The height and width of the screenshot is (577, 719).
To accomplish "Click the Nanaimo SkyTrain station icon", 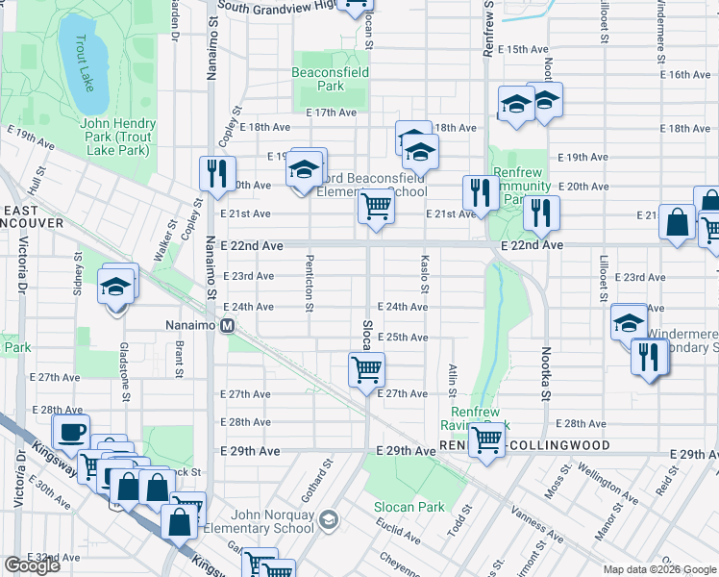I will pyautogui.click(x=228, y=326).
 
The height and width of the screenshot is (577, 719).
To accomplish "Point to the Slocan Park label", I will pyautogui.click(x=409, y=507).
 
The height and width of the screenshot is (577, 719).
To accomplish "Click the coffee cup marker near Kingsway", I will pyautogui.click(x=71, y=433).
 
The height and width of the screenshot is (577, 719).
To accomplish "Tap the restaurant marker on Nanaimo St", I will pyautogui.click(x=214, y=172).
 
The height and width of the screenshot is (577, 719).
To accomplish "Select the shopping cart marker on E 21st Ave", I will pyautogui.click(x=376, y=205).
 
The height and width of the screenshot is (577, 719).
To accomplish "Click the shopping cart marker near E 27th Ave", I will pyautogui.click(x=366, y=367).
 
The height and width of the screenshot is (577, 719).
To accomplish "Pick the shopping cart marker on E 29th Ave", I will pyautogui.click(x=487, y=439).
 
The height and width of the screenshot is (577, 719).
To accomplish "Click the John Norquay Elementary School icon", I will pyautogui.click(x=329, y=520).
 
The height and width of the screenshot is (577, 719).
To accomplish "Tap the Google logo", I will pyautogui.click(x=32, y=565).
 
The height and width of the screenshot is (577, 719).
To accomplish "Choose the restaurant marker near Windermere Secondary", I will pyautogui.click(x=649, y=358).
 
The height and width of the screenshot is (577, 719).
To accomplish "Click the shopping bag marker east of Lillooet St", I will pyautogui.click(x=678, y=221).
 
